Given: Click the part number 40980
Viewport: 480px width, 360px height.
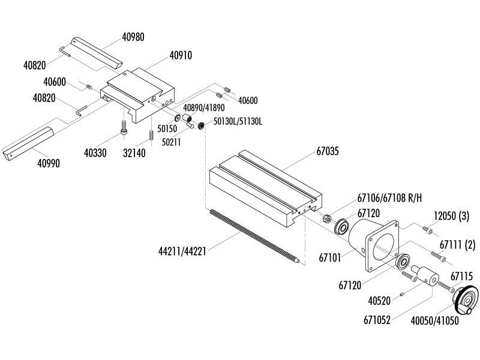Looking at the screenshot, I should click(133, 37).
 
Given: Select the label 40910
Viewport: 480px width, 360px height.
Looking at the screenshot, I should click(181, 55).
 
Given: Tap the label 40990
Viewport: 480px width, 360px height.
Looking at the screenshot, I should click(49, 163).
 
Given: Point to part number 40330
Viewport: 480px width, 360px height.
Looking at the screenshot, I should click(95, 153).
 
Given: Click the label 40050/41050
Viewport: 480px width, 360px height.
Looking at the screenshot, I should click(435, 321).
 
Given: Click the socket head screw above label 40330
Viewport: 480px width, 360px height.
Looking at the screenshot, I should click(124, 127).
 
